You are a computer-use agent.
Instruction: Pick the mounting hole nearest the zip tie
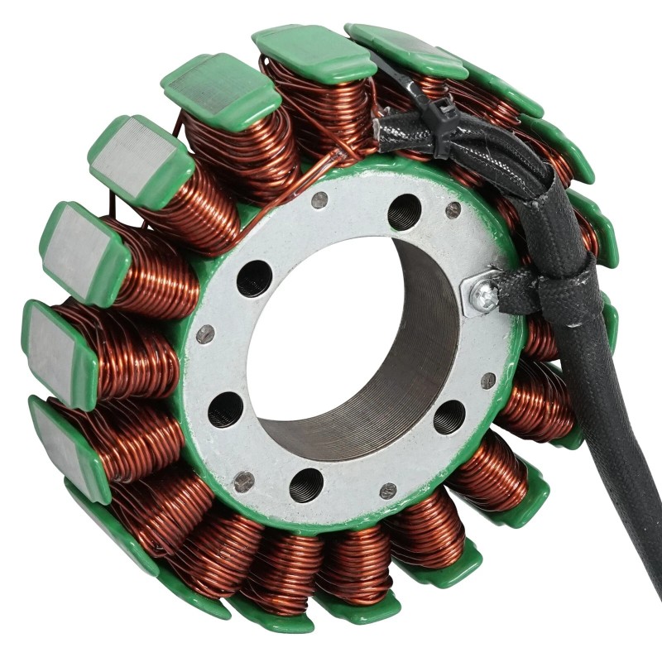(x=404, y=212)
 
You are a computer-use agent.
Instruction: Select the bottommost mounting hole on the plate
(x=306, y=485)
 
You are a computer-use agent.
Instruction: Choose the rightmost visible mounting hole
(x=449, y=416)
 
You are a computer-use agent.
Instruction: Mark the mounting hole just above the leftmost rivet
(x=254, y=278)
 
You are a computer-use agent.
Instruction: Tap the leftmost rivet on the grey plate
(x=204, y=333)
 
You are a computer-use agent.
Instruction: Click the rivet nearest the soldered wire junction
(x=319, y=199)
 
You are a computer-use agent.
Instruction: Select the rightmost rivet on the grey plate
(x=488, y=381)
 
